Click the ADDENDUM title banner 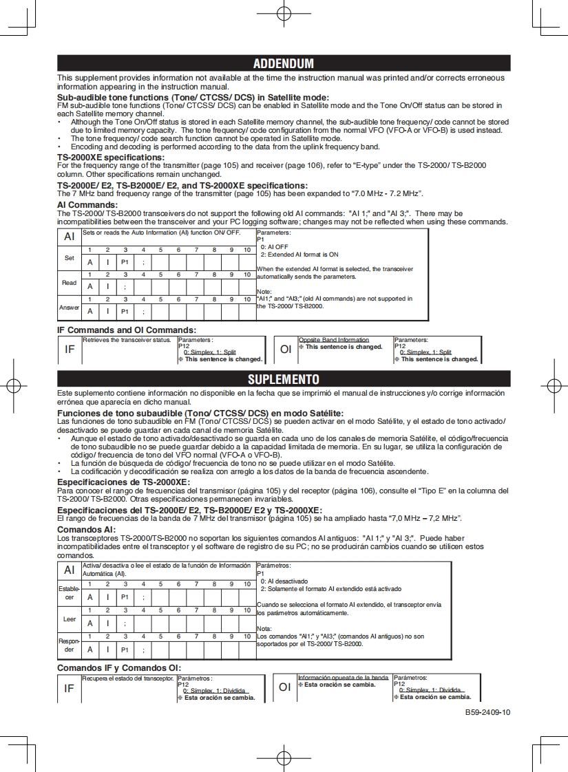pos(283,63)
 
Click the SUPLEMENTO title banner pos(283,379)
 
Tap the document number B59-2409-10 pos(487,712)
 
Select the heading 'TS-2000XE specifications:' pos(110,158)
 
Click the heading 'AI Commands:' pos(87,205)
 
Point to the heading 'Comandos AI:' pos(86,530)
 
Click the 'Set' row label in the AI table pos(70,258)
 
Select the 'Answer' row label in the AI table pos(70,308)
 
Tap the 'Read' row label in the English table pos(70,283)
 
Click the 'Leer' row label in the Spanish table pos(70,619)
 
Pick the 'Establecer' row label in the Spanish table pos(70,593)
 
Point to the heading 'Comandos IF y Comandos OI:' pos(119,668)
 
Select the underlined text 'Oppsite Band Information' pos(334,340)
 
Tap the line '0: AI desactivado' pos(284,581)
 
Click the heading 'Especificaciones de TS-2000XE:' pos(123,482)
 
